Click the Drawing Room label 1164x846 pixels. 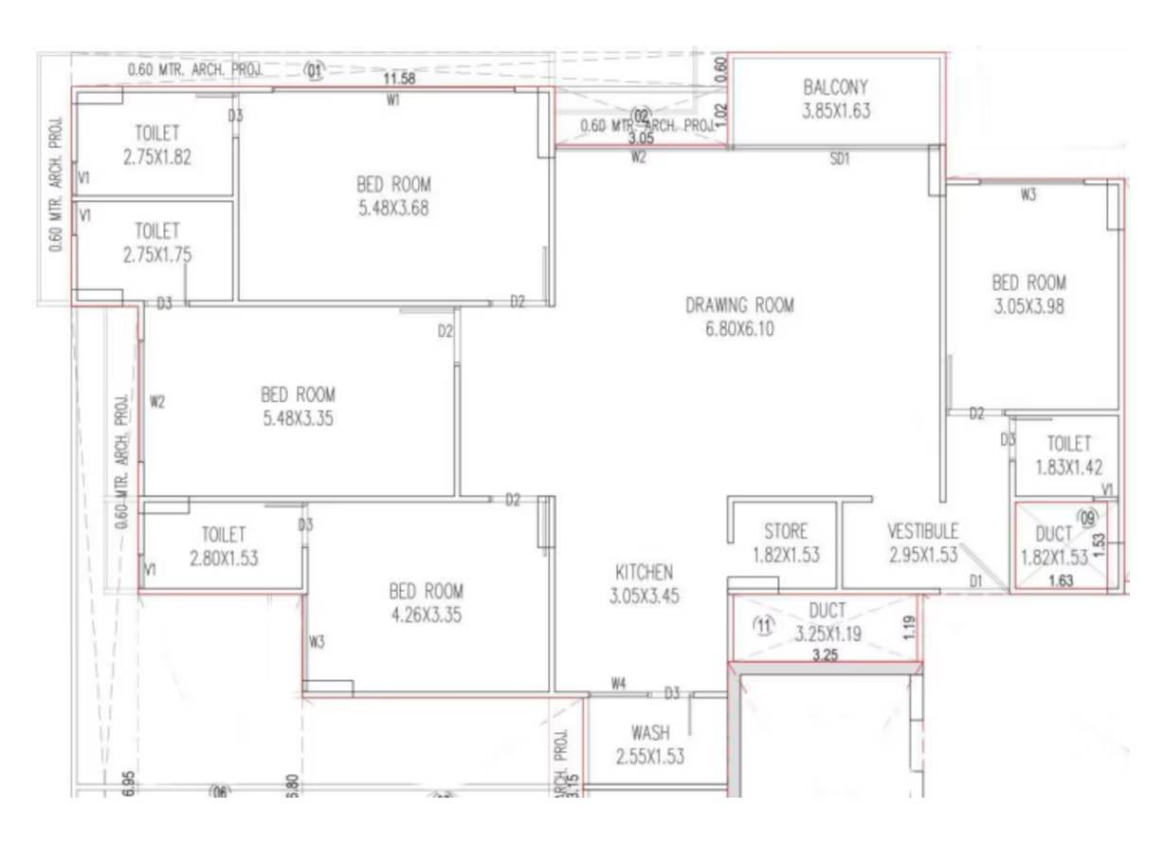pyautogui.click(x=739, y=305)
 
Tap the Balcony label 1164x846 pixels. pyautogui.click(x=835, y=87)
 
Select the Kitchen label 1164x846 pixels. pyautogui.click(x=644, y=572)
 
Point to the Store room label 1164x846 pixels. pyautogui.click(x=785, y=532)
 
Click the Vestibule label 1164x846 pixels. pyautogui.click(x=922, y=531)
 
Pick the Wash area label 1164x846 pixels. pyautogui.click(x=649, y=733)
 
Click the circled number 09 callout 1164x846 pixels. pyautogui.click(x=1087, y=519)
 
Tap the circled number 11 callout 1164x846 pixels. pyautogui.click(x=763, y=624)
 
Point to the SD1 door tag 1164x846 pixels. pyautogui.click(x=839, y=159)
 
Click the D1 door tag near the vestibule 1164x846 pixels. pyautogui.click(x=975, y=580)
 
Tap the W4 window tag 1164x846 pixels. pyautogui.click(x=619, y=683)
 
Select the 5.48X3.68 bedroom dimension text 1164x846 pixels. pyautogui.click(x=393, y=209)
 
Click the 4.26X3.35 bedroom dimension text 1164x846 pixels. pyautogui.click(x=426, y=615)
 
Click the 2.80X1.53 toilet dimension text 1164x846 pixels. pyautogui.click(x=224, y=559)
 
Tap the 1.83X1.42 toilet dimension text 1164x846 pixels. pyautogui.click(x=1068, y=467)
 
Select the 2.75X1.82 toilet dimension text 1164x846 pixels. pyautogui.click(x=156, y=157)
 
